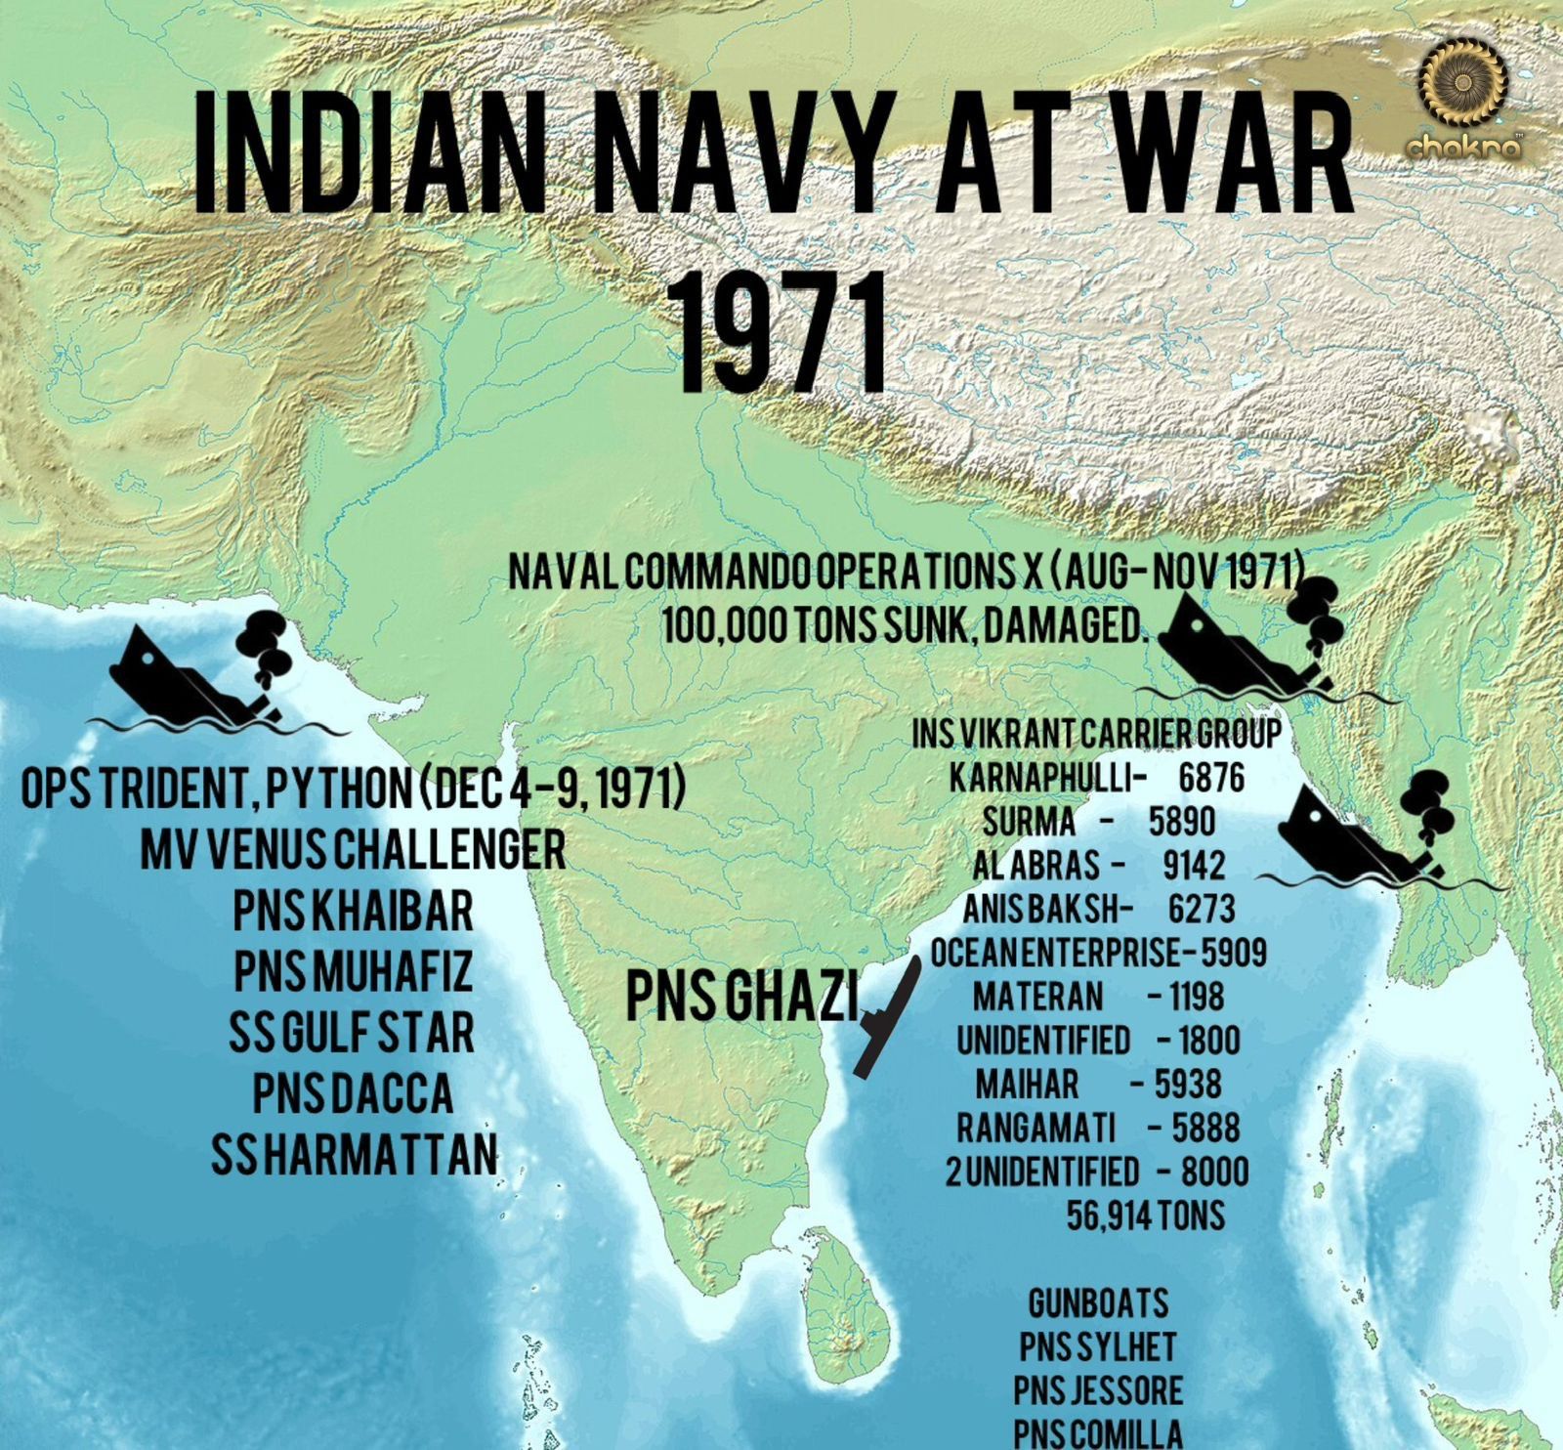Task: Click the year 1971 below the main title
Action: pyautogui.click(x=781, y=332)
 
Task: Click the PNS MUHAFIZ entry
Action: pyautogui.click(x=353, y=970)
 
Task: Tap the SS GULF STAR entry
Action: pyautogui.click(x=352, y=1033)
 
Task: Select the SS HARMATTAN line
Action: pyautogui.click(x=354, y=1155)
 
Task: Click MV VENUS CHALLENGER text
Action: pyautogui.click(x=353, y=850)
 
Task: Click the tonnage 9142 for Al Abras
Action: pyautogui.click(x=1194, y=866)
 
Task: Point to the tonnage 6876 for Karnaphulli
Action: pyautogui.click(x=1211, y=778)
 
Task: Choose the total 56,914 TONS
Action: pyautogui.click(x=1145, y=1215)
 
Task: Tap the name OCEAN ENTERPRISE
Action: pyautogui.click(x=1053, y=953)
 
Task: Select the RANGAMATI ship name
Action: pyautogui.click(x=1035, y=1129)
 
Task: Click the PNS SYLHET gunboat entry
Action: pyautogui.click(x=1098, y=1347)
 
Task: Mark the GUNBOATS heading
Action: pyautogui.click(x=1098, y=1303)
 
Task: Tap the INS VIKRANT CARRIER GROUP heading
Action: pyautogui.click(x=1096, y=734)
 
